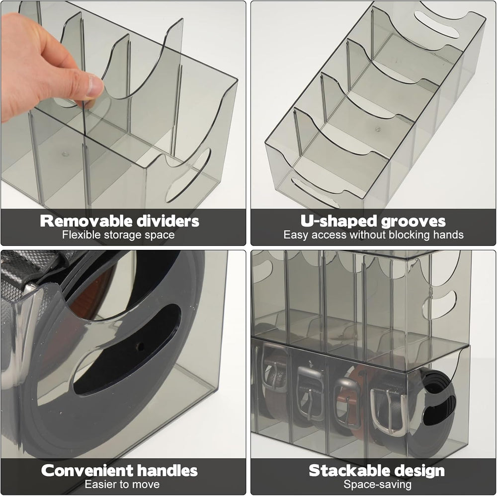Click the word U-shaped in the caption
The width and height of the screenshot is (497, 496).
(339, 221)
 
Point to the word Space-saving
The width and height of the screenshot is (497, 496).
(377, 485)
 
